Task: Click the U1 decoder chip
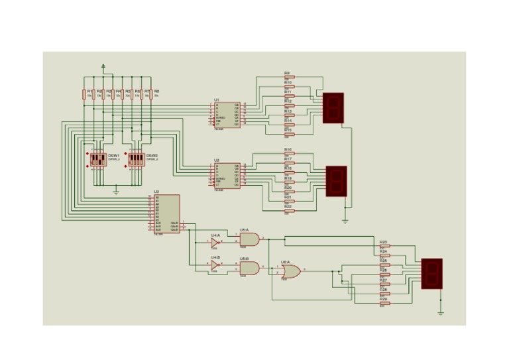tap(226, 115)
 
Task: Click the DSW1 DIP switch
tap(98, 159)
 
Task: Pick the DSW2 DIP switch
tap(137, 159)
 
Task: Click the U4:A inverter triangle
tap(215, 243)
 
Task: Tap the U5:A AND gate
tap(249, 239)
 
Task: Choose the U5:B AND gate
tap(249, 267)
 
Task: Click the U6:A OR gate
tap(290, 270)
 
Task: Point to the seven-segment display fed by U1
tap(333, 107)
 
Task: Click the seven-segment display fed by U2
tap(337, 180)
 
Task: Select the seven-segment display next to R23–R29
tap(431, 273)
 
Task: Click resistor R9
tap(289, 78)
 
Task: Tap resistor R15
tap(289, 135)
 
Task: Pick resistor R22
tap(289, 211)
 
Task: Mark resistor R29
tap(384, 303)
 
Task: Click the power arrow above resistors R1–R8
tap(103, 66)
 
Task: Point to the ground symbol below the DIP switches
tap(116, 192)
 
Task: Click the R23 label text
tap(383, 242)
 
